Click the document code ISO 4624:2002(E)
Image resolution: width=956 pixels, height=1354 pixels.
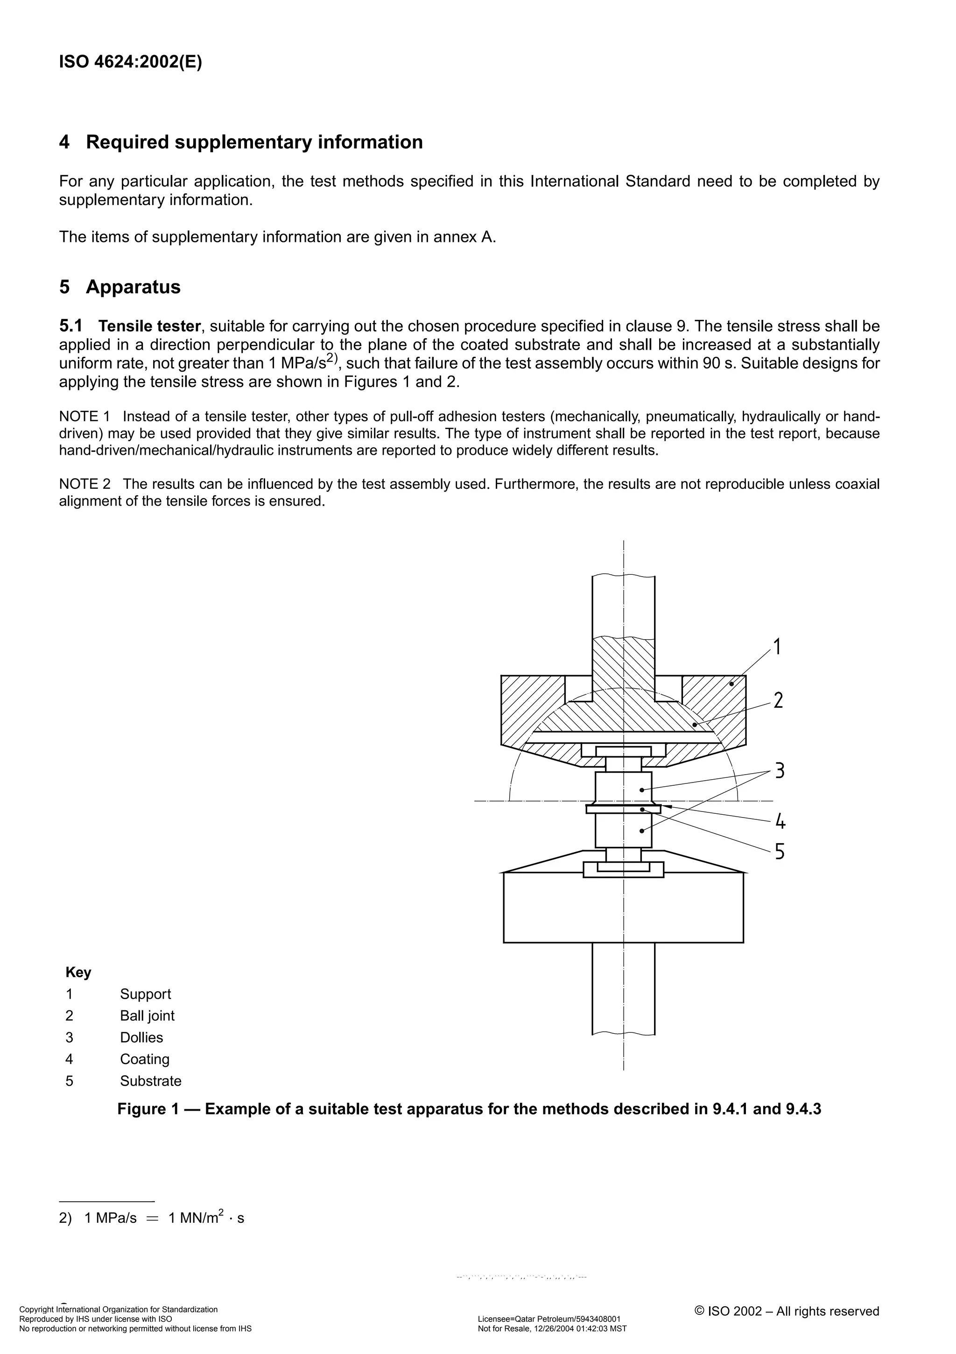pyautogui.click(x=130, y=63)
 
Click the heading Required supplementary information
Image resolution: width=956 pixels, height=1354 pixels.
pyautogui.click(x=254, y=142)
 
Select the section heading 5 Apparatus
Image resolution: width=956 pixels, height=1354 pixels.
pyautogui.click(x=119, y=287)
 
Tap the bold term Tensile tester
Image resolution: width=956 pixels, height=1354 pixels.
pyautogui.click(x=150, y=326)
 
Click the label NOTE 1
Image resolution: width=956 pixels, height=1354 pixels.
pyautogui.click(x=84, y=417)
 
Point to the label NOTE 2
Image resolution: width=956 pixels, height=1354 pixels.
pyautogui.click(x=84, y=485)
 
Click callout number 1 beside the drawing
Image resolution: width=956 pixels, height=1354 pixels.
pyautogui.click(x=777, y=647)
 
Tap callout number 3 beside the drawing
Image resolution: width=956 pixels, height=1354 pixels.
pyautogui.click(x=779, y=771)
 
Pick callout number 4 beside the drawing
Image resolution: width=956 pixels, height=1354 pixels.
pyautogui.click(x=780, y=821)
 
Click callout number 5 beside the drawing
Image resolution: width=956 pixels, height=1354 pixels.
pyautogui.click(x=780, y=852)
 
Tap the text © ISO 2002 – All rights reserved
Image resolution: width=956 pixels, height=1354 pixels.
pyautogui.click(x=787, y=1311)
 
